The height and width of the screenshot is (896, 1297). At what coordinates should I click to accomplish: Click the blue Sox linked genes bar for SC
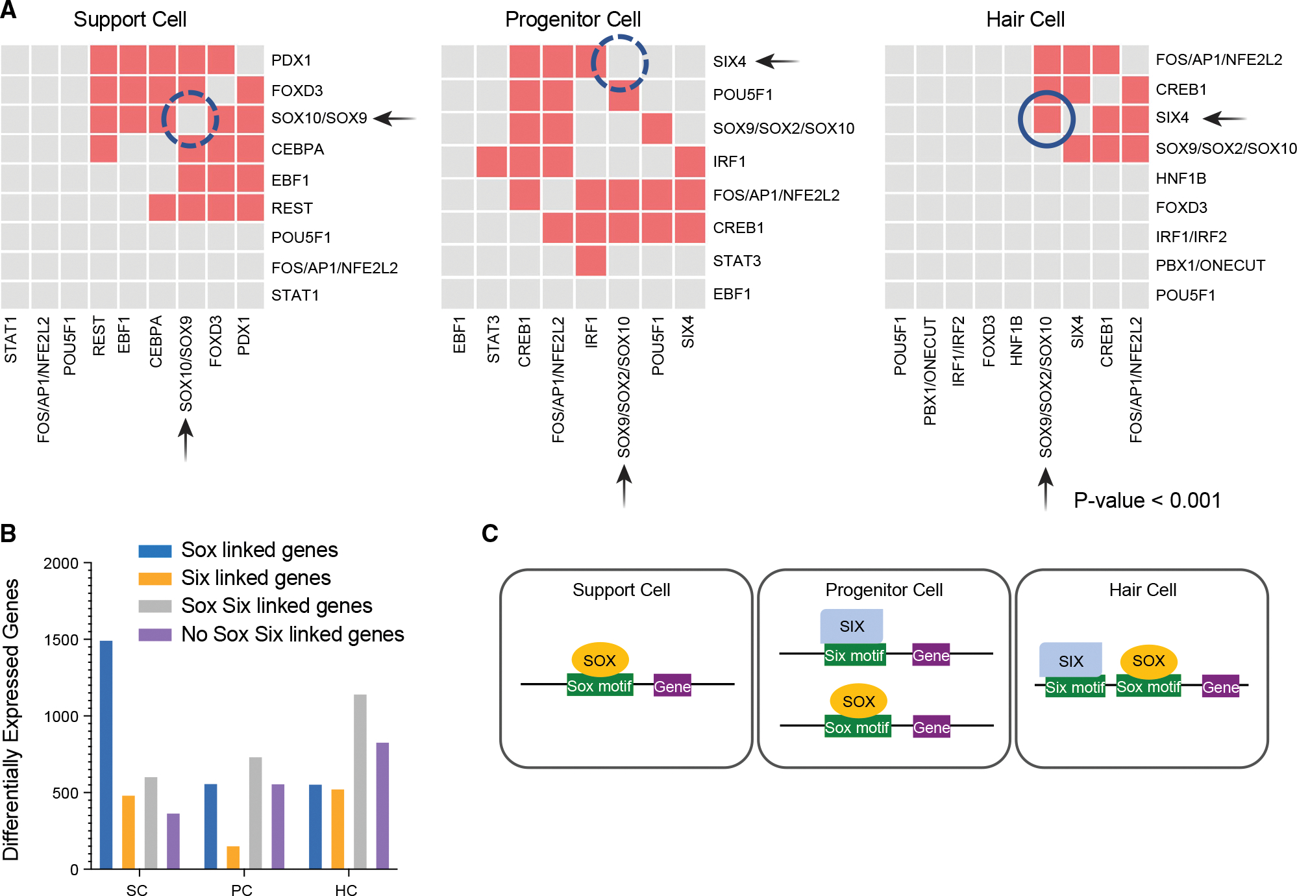click(106, 754)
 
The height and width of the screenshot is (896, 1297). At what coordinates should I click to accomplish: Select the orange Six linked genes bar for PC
click(233, 857)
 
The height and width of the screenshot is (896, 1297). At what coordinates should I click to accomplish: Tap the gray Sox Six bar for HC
click(360, 782)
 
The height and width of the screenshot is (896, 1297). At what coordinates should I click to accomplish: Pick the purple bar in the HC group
click(382, 806)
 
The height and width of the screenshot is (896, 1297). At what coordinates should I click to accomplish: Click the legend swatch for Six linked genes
click(155, 578)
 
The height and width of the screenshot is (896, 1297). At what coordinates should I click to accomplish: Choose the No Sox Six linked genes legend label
click(293, 634)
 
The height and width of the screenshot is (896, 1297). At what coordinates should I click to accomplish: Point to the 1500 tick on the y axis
click(61, 640)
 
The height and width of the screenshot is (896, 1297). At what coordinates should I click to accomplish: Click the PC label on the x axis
click(241, 889)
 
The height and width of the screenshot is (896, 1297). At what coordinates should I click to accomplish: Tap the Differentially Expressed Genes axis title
click(11, 719)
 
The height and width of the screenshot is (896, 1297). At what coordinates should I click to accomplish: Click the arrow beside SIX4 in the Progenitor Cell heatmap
click(778, 61)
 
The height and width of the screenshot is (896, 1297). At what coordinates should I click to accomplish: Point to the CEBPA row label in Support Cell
click(297, 149)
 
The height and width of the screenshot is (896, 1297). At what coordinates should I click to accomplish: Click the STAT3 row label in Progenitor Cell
click(737, 261)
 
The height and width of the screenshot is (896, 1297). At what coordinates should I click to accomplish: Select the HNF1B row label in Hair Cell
click(1181, 178)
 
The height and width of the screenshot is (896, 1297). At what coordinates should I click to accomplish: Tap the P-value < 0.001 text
click(1147, 500)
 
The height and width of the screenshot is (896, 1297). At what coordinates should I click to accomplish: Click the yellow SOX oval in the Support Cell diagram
click(600, 660)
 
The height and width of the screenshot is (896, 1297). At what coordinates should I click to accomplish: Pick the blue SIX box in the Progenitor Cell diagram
click(852, 626)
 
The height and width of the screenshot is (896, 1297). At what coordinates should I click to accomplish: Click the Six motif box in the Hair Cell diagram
click(1075, 687)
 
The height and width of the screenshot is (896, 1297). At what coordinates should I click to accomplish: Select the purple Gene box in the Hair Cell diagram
click(1220, 687)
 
